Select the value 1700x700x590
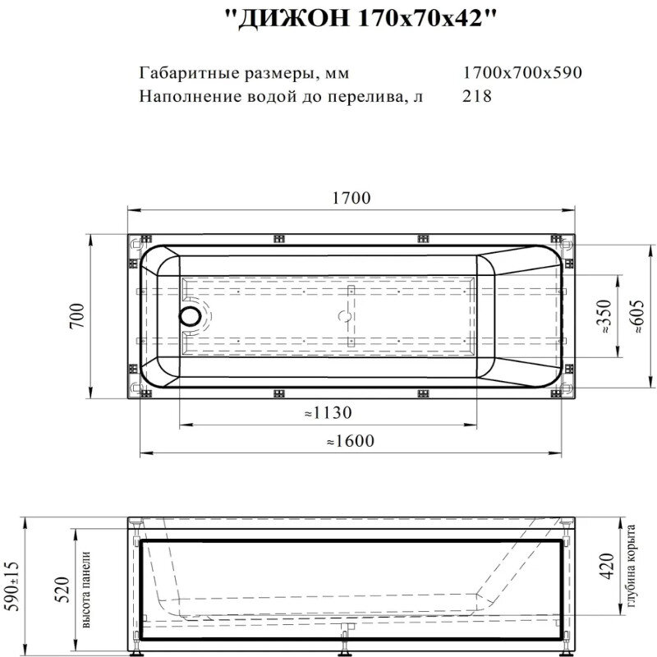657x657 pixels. pyautogui.click(x=522, y=72)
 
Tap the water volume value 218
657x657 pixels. pyautogui.click(x=478, y=96)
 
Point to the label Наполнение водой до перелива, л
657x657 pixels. pyautogui.click(x=282, y=96)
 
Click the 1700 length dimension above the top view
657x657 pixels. pyautogui.click(x=351, y=198)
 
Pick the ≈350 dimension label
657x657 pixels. pyautogui.click(x=607, y=316)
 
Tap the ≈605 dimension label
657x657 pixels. pyautogui.click(x=637, y=316)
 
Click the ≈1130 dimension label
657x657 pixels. pyautogui.click(x=328, y=413)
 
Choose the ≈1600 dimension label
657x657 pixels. pyautogui.click(x=351, y=441)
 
